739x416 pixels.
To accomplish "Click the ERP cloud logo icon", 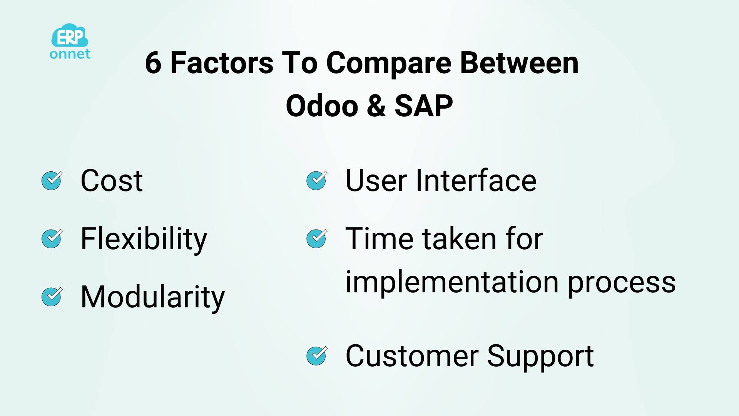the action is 70,36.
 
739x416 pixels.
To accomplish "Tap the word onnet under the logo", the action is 70,54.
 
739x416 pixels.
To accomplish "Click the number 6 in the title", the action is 153,63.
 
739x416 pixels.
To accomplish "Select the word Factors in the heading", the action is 222,63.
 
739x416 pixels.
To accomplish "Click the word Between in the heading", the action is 520,63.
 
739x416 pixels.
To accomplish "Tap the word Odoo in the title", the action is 322,106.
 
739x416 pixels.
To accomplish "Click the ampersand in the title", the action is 376,106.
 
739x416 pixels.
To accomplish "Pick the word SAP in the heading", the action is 424,106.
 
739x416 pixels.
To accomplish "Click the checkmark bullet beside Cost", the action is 52,181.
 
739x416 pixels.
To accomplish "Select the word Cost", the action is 112,181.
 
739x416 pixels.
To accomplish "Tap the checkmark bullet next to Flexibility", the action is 52,239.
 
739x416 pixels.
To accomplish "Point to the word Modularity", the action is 153,298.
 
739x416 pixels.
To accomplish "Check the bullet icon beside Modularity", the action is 52,297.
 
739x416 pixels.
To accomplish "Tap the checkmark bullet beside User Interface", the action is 317,181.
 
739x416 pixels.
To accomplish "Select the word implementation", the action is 452,282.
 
